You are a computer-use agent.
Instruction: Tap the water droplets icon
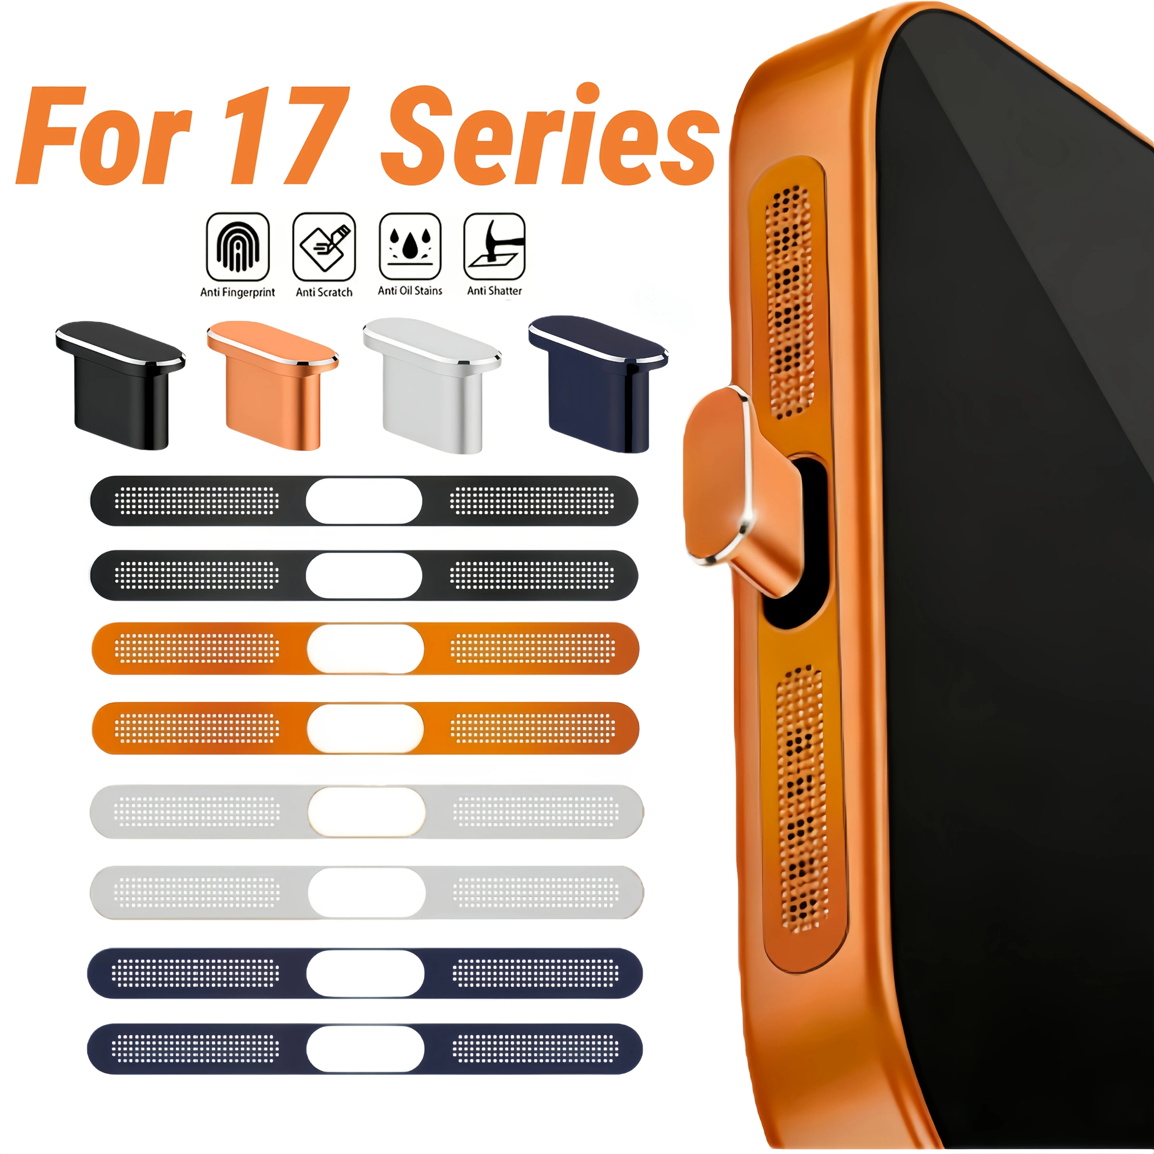[x=410, y=246]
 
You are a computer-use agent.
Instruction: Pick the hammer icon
[x=495, y=246]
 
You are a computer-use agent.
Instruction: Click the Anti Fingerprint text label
[x=238, y=292]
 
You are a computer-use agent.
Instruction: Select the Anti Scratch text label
[x=324, y=292]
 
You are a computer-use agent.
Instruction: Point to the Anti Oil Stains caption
[x=410, y=291]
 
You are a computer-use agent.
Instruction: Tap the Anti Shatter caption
[x=495, y=291]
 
